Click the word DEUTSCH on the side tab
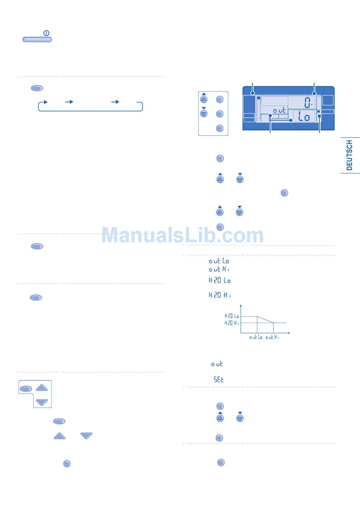coord(349,155)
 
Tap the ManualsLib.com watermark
coord(182,235)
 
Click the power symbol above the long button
coord(46,33)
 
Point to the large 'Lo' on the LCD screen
coord(304,117)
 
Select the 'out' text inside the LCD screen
coord(280,110)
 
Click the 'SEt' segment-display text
coord(219,379)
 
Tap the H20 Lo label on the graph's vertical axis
coord(232,316)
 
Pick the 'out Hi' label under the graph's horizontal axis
coord(272,337)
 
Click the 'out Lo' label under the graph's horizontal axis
coord(256,337)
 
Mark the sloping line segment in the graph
coord(265,320)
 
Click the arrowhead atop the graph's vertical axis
coord(241,306)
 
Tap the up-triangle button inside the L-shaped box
coord(42,387)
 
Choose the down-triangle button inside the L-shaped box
coord(42,402)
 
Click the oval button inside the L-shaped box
coord(26,389)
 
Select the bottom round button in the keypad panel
coord(219,128)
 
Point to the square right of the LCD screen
coord(328,100)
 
